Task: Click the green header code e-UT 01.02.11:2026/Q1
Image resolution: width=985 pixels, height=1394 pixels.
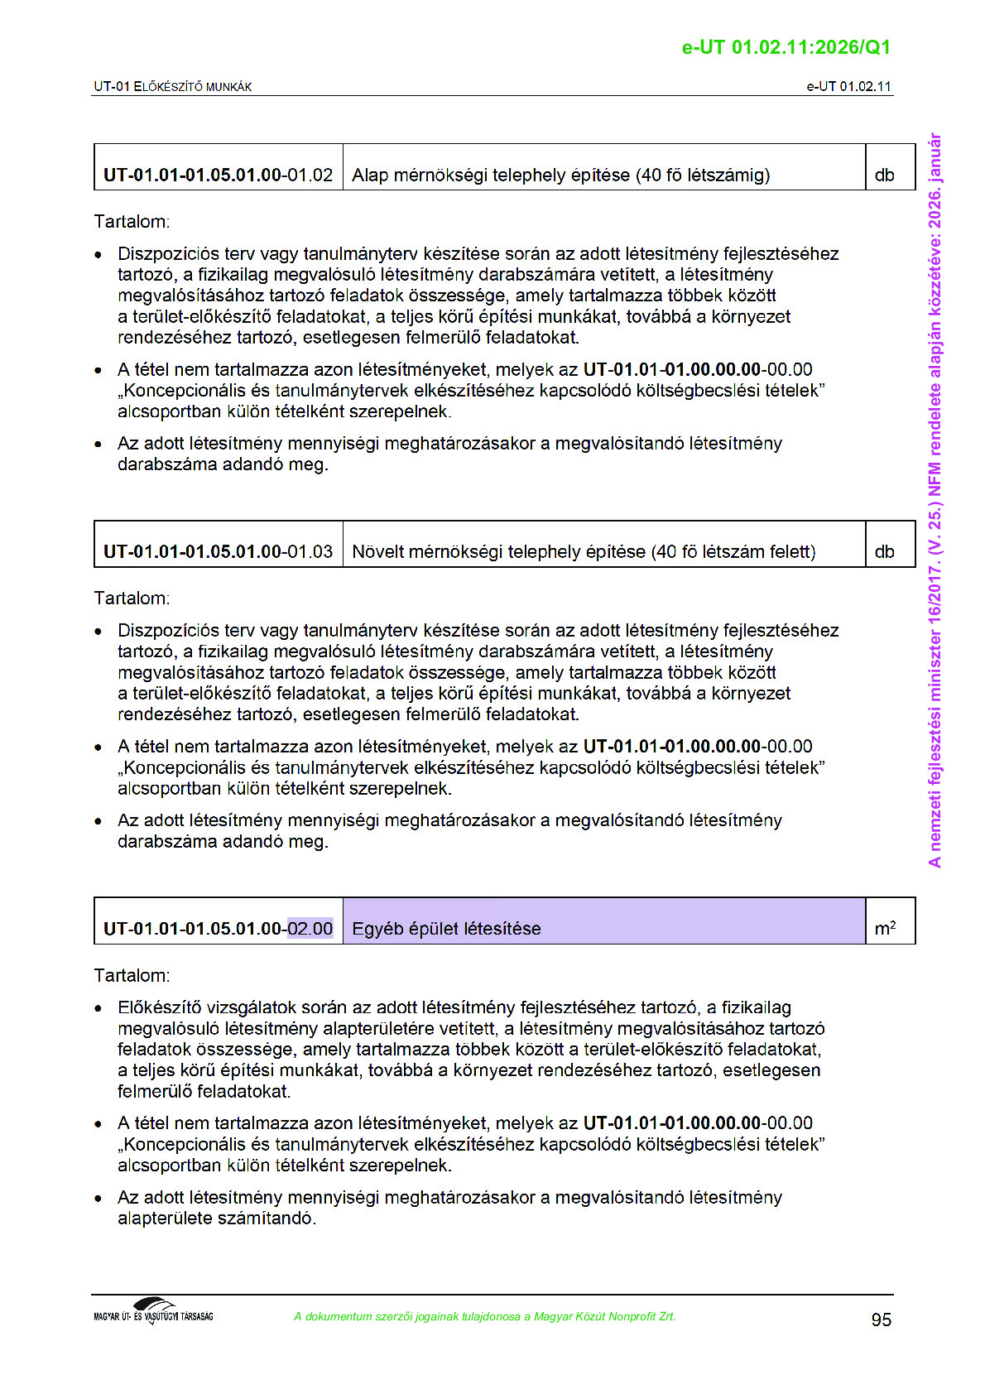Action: (x=786, y=47)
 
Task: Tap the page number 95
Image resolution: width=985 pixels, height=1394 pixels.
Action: (x=881, y=1319)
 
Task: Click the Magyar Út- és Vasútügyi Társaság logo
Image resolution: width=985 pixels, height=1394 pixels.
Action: (x=153, y=1312)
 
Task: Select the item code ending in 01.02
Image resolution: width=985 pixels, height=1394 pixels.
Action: (x=218, y=175)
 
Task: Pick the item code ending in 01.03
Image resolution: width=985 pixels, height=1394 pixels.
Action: (x=218, y=552)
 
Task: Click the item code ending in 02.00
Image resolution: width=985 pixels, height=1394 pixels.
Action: (x=218, y=929)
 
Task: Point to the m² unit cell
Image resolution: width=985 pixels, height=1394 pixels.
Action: (x=885, y=929)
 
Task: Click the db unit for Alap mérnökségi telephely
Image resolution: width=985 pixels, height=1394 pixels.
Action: (x=884, y=175)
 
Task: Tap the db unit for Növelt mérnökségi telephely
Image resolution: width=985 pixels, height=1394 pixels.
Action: (x=884, y=552)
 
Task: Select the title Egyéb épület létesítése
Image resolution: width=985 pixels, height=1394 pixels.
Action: (x=446, y=929)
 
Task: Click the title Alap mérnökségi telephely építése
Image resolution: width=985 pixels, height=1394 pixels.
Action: (x=560, y=175)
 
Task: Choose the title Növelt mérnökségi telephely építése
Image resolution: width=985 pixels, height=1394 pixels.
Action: (x=584, y=552)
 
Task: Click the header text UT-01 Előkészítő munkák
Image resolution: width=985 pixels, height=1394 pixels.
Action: (x=173, y=87)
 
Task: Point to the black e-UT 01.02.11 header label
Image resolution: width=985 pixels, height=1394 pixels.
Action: (x=848, y=87)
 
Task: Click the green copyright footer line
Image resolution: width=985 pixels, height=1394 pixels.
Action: (x=484, y=1316)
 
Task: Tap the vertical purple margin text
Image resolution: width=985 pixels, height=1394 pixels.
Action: (x=935, y=500)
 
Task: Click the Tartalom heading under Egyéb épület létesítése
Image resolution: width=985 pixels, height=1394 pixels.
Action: (x=132, y=975)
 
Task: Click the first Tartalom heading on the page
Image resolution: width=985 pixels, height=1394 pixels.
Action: (x=132, y=222)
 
